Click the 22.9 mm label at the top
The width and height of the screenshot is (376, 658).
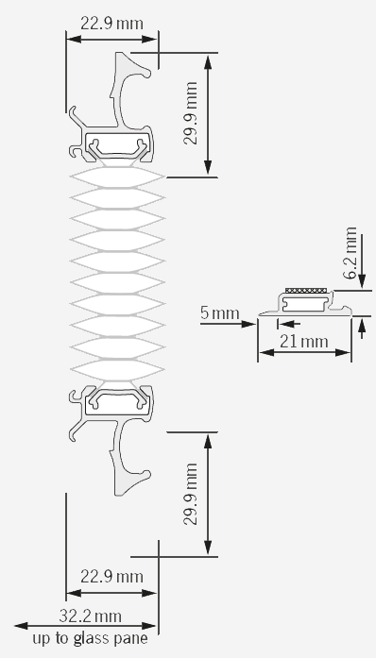tap(111, 24)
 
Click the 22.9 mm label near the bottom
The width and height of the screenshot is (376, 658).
tap(111, 577)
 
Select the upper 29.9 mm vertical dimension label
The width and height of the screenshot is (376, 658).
tap(190, 113)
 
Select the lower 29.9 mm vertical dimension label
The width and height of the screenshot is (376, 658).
tap(190, 494)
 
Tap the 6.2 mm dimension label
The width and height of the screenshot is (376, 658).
tap(350, 253)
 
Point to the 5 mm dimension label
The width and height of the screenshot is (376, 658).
tap(220, 313)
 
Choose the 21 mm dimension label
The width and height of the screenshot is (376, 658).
tap(304, 342)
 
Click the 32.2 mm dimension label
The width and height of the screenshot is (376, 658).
tap(90, 616)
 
